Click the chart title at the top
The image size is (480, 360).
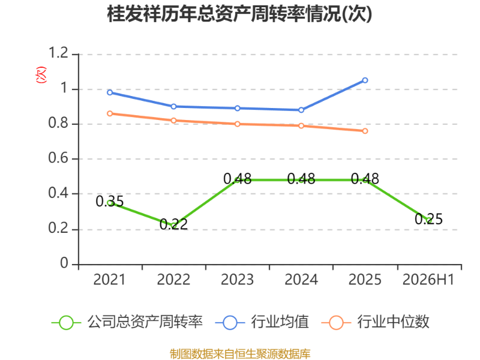tap(239, 14)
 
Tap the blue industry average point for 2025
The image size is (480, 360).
tap(365, 80)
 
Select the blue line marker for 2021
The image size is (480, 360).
tap(110, 92)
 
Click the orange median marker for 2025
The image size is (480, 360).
tap(365, 131)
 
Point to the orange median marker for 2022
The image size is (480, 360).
tap(173, 121)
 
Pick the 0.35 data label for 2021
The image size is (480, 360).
tap(110, 202)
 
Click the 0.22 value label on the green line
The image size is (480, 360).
tap(173, 224)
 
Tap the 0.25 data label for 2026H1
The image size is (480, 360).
tap(428, 219)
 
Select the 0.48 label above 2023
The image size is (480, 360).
tap(237, 179)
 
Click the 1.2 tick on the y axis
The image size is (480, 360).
tap(58, 53)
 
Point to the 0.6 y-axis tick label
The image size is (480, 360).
tap(58, 158)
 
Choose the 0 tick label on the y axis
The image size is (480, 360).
tap(64, 263)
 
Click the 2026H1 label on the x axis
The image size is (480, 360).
tap(428, 280)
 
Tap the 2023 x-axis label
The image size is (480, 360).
tap(237, 280)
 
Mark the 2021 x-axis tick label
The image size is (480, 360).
tap(109, 280)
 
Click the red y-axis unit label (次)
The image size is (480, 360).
tap(41, 74)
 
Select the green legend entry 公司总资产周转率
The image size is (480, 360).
tap(127, 322)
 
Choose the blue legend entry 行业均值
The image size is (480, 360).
tap(262, 322)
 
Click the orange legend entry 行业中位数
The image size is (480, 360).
tap(376, 322)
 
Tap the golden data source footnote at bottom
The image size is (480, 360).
tap(240, 354)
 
